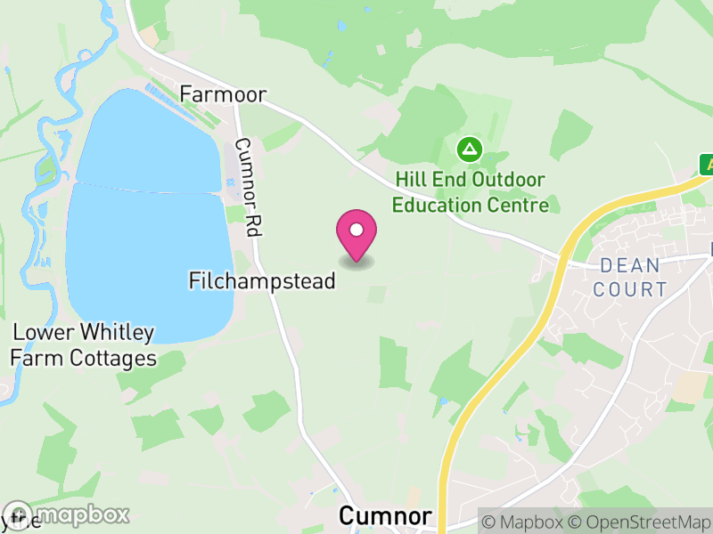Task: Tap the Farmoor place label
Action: [x=223, y=93]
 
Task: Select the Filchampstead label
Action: [x=262, y=281]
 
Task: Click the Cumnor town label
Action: [x=385, y=517]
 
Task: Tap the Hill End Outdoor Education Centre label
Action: [x=470, y=192]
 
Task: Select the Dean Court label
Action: [x=630, y=277]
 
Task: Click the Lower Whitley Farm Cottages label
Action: [x=84, y=346]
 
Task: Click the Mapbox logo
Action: [x=67, y=515]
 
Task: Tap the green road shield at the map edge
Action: [x=707, y=164]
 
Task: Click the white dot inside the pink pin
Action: [x=356, y=230]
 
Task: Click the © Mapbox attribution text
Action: [x=523, y=522]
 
